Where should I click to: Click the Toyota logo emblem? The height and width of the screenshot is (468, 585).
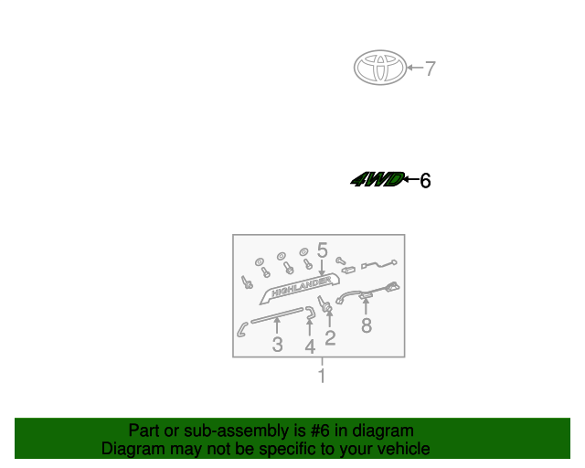coord(380,67)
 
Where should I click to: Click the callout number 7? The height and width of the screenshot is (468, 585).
coord(431,69)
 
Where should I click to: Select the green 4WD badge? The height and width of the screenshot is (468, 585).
coord(378,179)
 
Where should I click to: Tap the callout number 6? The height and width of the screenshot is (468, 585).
coord(425,181)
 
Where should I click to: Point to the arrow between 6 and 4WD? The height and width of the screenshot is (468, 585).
coord(411,179)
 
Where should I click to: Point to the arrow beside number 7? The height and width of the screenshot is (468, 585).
coord(415,68)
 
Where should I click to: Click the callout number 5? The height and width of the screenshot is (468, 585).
coord(322,250)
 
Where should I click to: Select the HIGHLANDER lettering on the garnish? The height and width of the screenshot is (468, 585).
coord(302,287)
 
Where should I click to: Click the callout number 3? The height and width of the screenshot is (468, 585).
coord(277,345)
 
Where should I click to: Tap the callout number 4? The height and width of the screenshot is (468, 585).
coord(310,346)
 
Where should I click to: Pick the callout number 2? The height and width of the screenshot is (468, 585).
coord(330,338)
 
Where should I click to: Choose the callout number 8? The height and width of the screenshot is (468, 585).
coord(367,325)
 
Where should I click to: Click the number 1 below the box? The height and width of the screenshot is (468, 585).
coord(322,376)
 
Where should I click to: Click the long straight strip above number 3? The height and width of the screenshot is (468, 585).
coord(277,315)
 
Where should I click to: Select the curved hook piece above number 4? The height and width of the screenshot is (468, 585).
coord(311,313)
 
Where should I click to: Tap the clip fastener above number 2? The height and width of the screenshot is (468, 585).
coord(324,303)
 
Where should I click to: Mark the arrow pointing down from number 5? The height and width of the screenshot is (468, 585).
coord(322,268)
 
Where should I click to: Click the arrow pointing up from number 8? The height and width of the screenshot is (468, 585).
coord(366,306)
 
